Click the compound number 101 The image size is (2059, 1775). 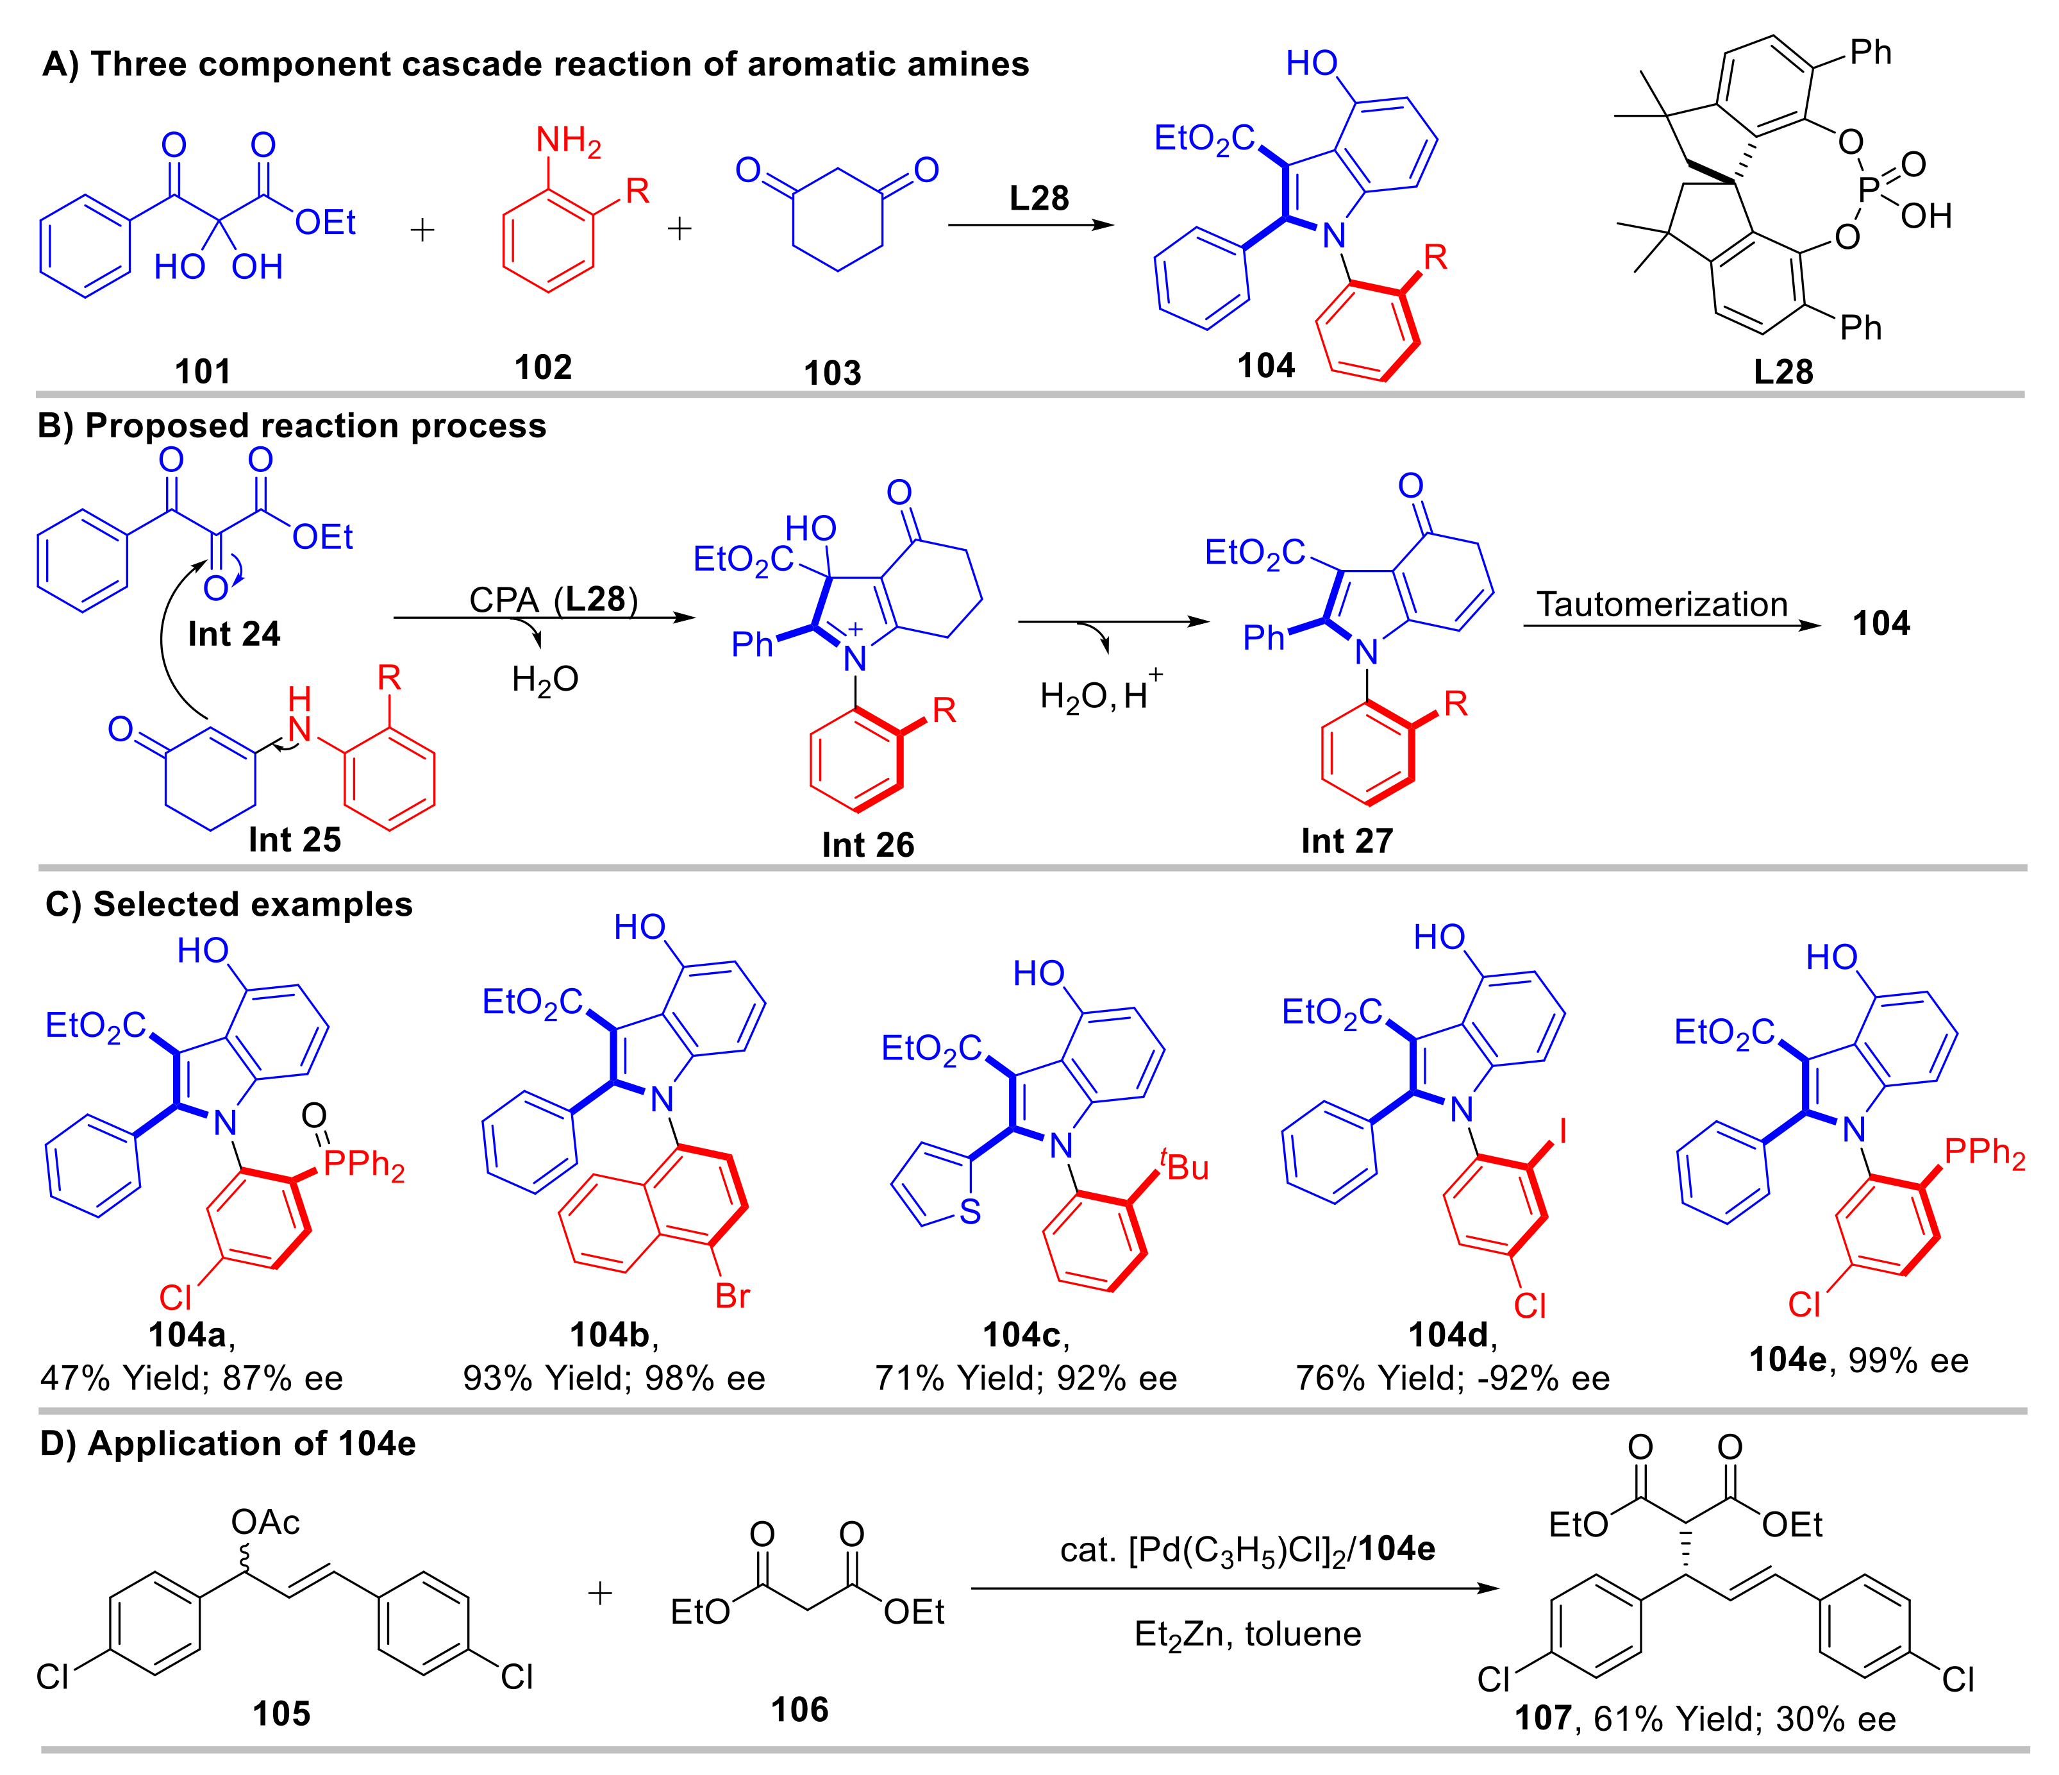(x=203, y=372)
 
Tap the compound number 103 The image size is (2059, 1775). (x=832, y=374)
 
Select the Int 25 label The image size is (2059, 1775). (x=294, y=840)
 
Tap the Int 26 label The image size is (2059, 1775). (x=867, y=845)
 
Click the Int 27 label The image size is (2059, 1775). (x=1347, y=841)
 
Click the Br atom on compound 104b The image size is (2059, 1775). (x=732, y=1296)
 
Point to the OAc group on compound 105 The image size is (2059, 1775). (x=265, y=1522)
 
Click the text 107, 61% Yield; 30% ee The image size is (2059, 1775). (x=1705, y=1719)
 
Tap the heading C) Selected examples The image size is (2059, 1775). (x=229, y=904)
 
